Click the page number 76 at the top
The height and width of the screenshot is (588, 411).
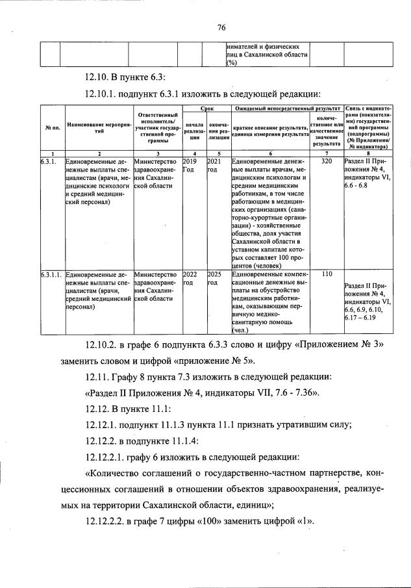coord(221,27)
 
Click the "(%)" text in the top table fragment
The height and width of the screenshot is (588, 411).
coord(230,62)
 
